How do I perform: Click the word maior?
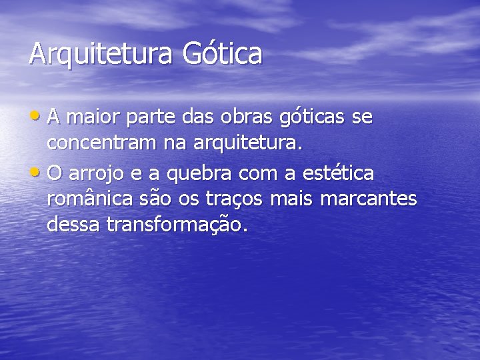[87, 118]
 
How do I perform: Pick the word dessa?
[73, 225]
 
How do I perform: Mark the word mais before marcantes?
[292, 199]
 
